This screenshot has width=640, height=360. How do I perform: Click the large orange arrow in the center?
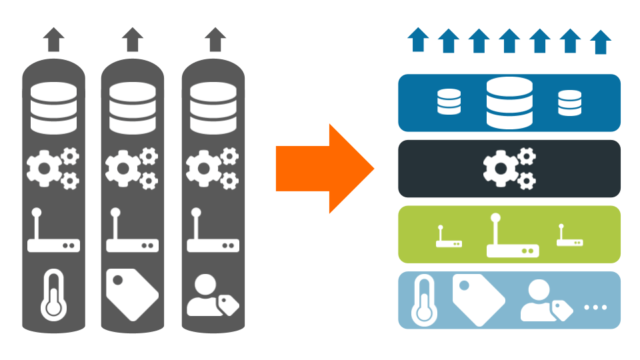[x=325, y=169]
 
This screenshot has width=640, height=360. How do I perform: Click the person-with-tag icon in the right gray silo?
[x=212, y=297]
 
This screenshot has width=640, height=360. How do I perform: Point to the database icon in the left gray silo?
[x=53, y=109]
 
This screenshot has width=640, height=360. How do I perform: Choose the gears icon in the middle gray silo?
[x=132, y=168]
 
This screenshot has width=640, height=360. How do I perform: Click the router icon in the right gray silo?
[x=213, y=233]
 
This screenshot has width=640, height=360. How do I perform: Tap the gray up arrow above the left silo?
[x=53, y=40]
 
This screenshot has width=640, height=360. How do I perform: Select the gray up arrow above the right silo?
[x=213, y=40]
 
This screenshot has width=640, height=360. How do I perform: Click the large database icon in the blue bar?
[x=509, y=103]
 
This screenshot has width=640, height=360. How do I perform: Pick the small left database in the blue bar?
[x=449, y=102]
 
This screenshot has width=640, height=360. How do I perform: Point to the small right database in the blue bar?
[x=569, y=103]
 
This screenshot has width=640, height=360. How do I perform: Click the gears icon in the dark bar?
[x=509, y=168]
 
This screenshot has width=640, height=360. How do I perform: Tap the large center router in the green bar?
[x=511, y=237]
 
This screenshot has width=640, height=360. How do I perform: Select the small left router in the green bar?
[x=449, y=237]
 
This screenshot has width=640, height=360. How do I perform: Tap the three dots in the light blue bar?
[x=595, y=307]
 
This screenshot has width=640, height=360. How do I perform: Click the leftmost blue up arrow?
[x=418, y=40]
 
